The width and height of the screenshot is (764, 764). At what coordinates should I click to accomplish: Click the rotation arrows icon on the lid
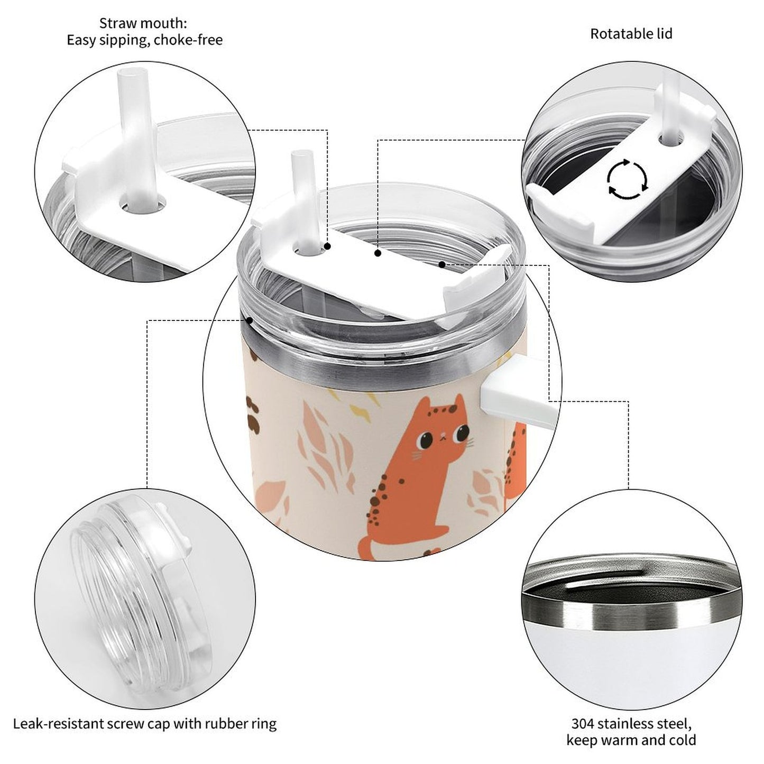pyautogui.click(x=628, y=178)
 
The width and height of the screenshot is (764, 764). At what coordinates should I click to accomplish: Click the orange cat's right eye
pyautogui.click(x=462, y=433)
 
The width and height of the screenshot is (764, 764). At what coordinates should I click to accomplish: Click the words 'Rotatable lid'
pyautogui.click(x=631, y=34)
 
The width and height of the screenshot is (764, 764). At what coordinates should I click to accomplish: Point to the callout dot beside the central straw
pyautogui.click(x=327, y=246)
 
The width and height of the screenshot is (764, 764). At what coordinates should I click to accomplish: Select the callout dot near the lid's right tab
pyautogui.click(x=441, y=264)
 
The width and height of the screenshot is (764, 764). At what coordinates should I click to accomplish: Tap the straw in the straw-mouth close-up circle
pyautogui.click(x=137, y=135)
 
